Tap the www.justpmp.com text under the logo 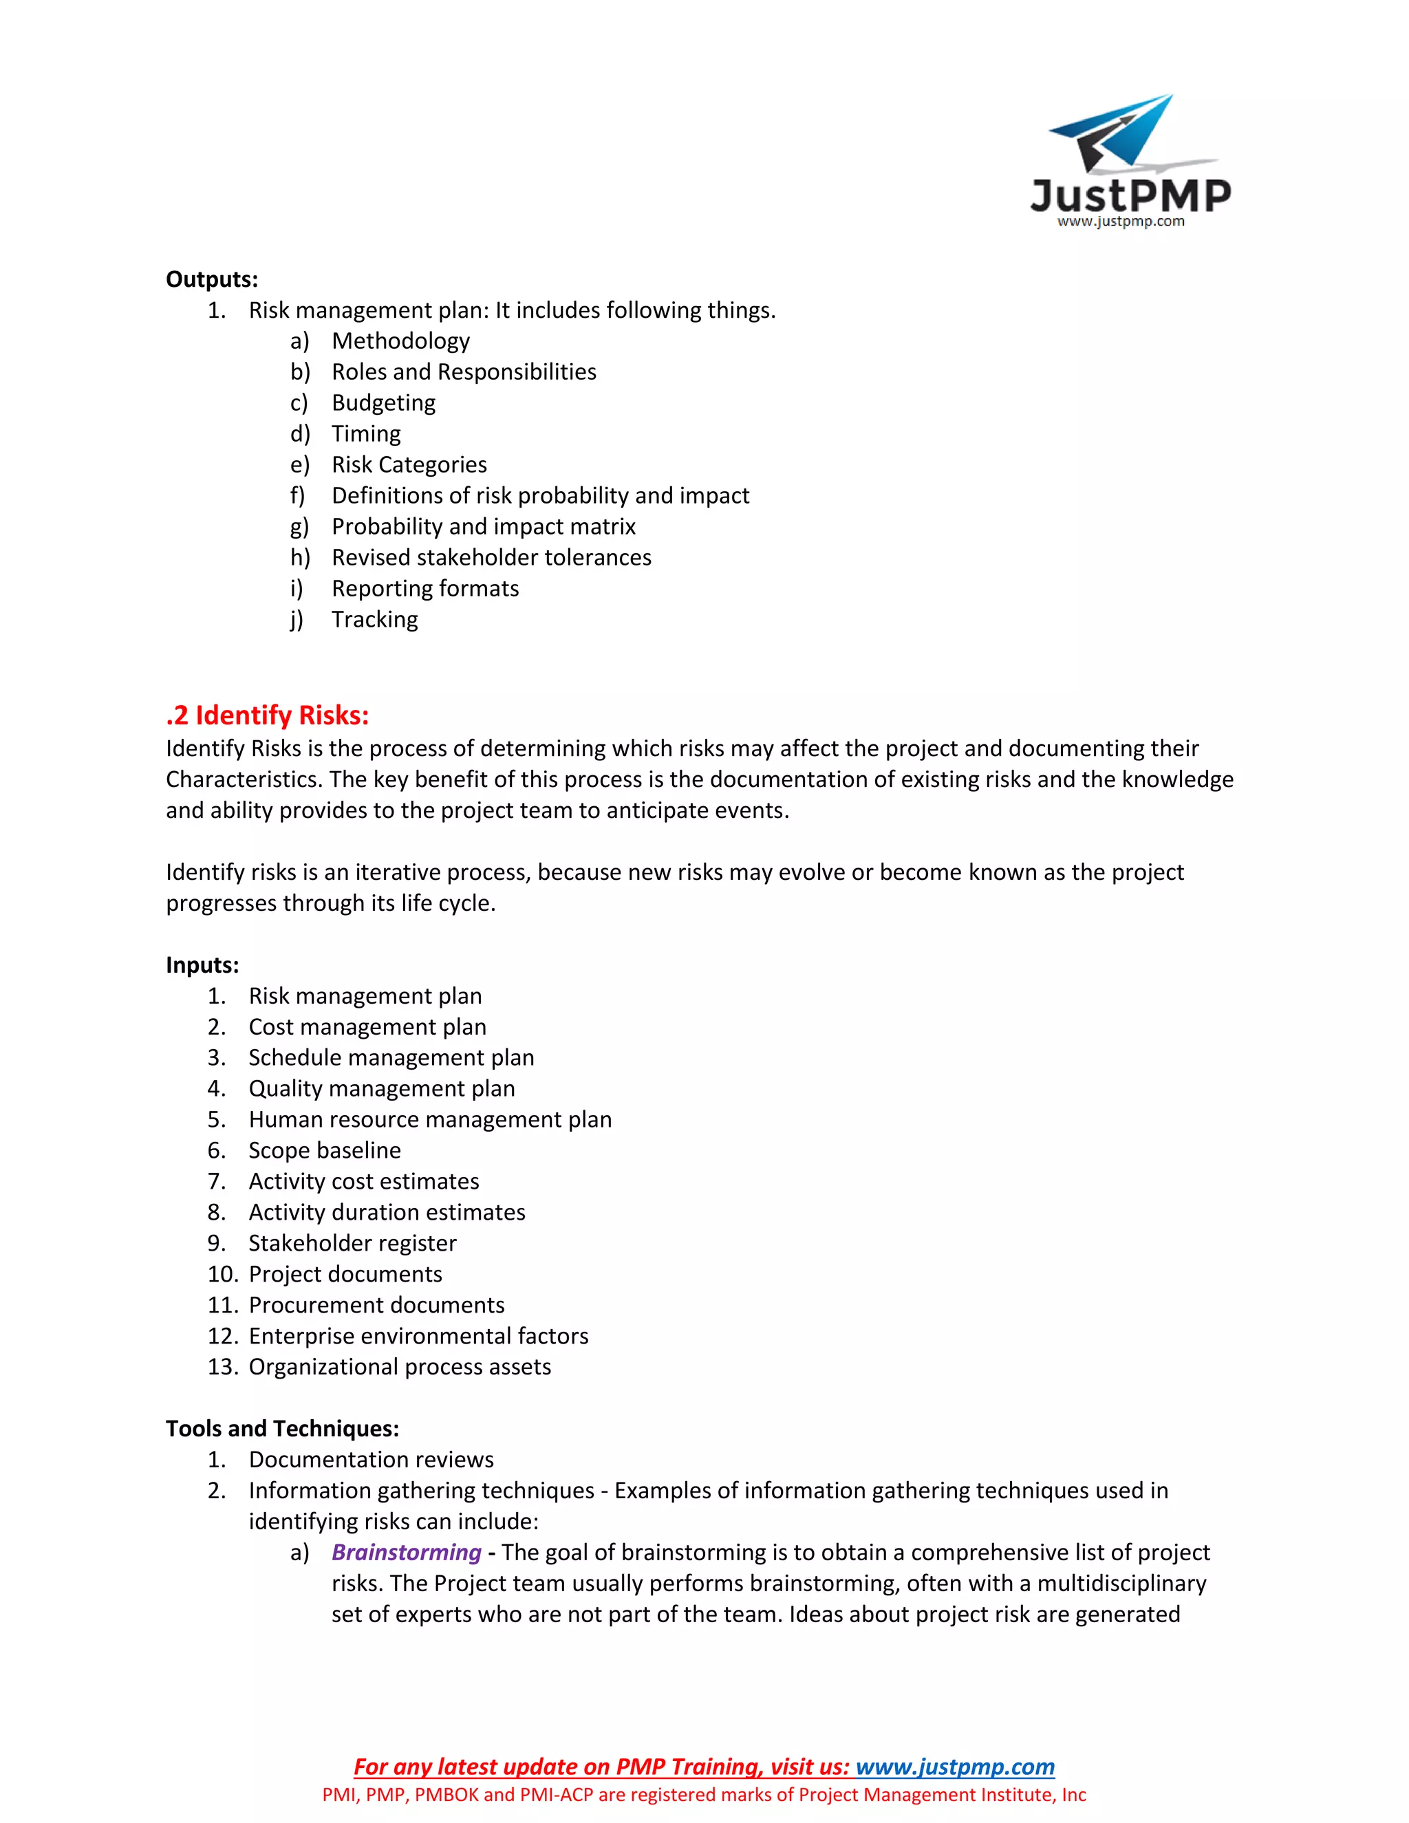[x=1120, y=222]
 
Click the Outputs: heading [x=212, y=279]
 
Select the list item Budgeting [x=383, y=402]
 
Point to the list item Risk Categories [x=409, y=464]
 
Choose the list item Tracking [x=375, y=619]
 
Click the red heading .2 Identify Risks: [x=267, y=715]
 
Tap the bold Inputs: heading [x=202, y=965]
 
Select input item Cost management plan [x=367, y=1026]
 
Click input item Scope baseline [x=325, y=1150]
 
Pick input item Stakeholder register [x=352, y=1243]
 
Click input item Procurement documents [x=376, y=1304]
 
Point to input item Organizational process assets [x=400, y=1366]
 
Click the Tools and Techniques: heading [x=282, y=1428]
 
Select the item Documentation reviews [x=371, y=1459]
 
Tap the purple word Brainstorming [x=407, y=1552]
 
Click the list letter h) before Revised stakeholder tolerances [x=300, y=558]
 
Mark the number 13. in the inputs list [x=223, y=1366]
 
